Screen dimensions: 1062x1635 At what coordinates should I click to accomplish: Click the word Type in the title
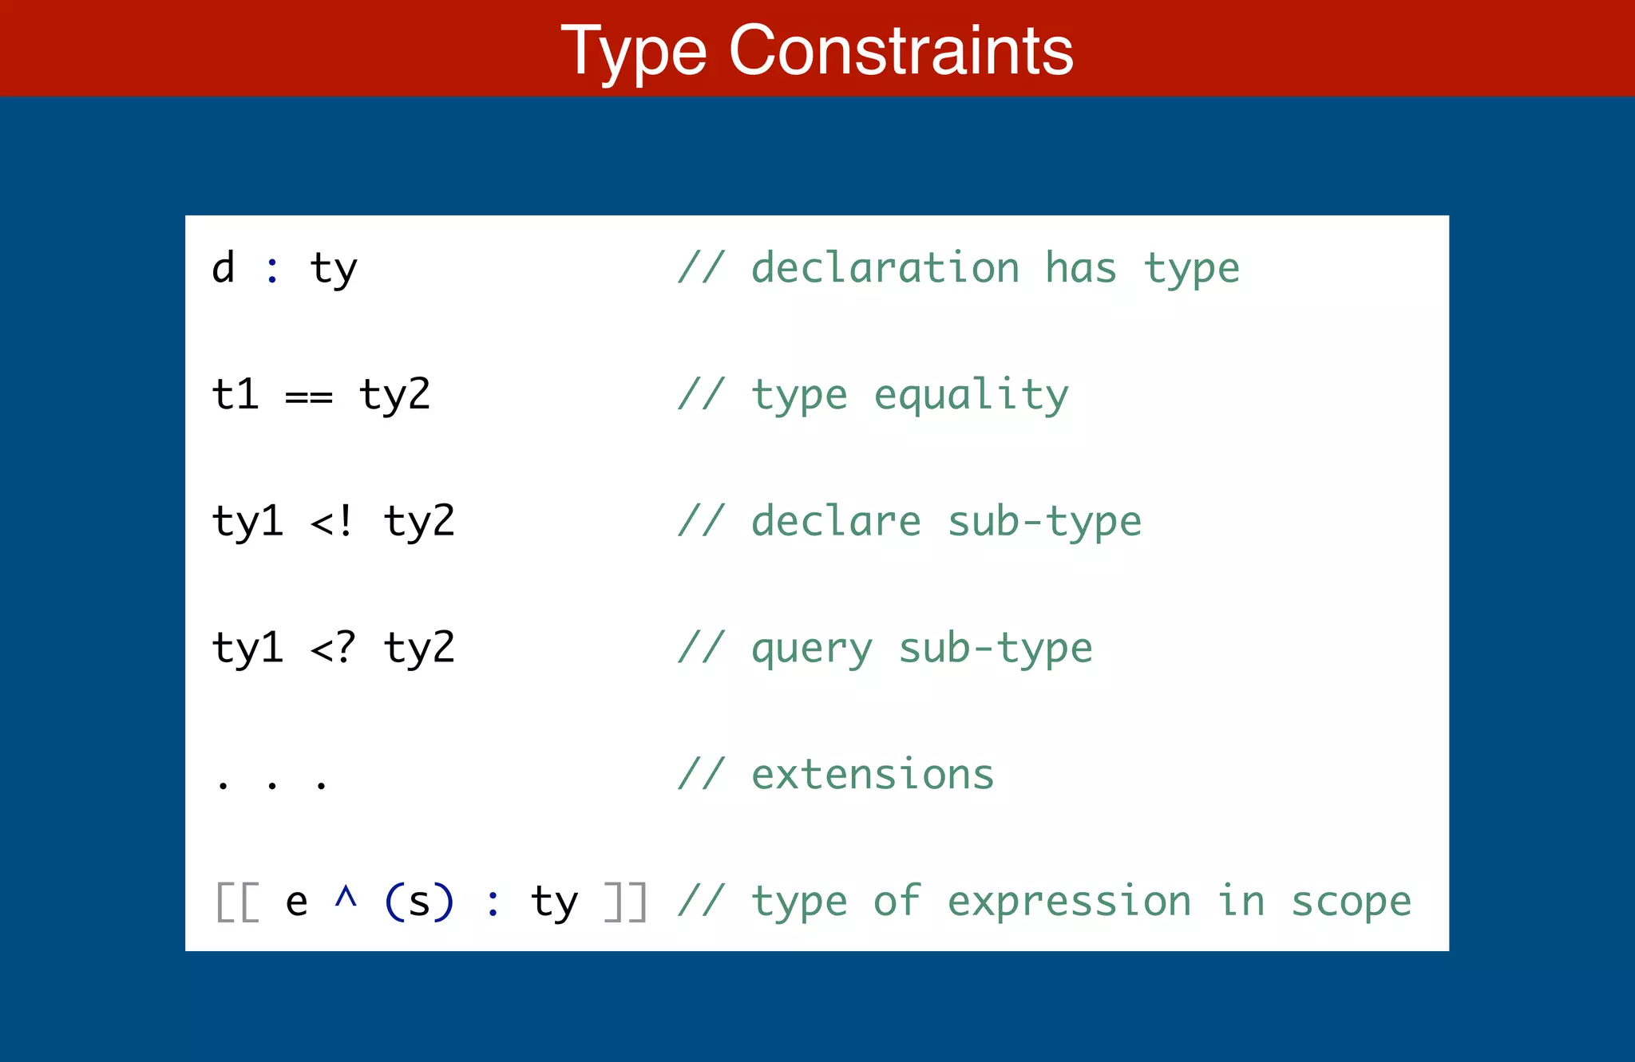(x=634, y=53)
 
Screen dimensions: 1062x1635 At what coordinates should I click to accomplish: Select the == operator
(x=309, y=397)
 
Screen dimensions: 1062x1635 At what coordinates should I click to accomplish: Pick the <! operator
(x=332, y=522)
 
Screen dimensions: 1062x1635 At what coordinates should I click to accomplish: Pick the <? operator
(x=332, y=648)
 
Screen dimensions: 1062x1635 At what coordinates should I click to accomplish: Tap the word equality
(x=971, y=396)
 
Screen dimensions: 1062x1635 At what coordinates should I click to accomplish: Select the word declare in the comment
(x=836, y=521)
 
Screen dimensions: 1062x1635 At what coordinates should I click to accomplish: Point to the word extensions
(x=873, y=775)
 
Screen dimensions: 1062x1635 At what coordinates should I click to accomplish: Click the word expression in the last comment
(x=1069, y=902)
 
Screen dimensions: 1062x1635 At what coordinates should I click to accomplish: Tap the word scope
(x=1351, y=902)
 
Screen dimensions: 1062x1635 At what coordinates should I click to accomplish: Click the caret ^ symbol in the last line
(x=346, y=898)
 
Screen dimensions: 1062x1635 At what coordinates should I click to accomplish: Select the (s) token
(x=419, y=902)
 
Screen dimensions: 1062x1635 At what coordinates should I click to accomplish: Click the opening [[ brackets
(x=238, y=902)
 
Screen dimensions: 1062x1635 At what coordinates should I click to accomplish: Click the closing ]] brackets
(x=625, y=902)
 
